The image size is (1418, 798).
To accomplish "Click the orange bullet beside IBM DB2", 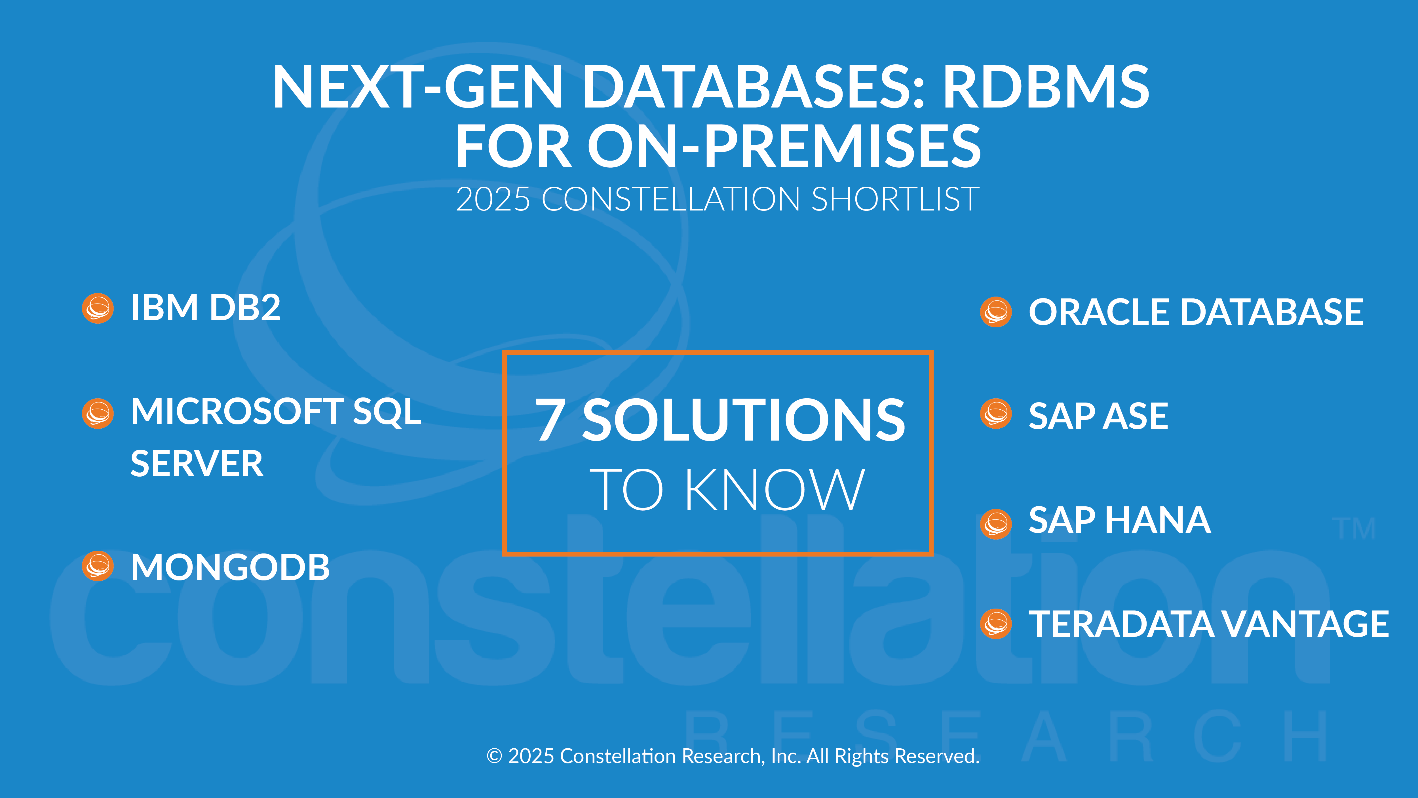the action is click(x=98, y=308).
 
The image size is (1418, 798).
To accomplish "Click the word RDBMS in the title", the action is click(x=1046, y=87).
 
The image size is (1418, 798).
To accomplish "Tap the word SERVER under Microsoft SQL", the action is click(x=197, y=464).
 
